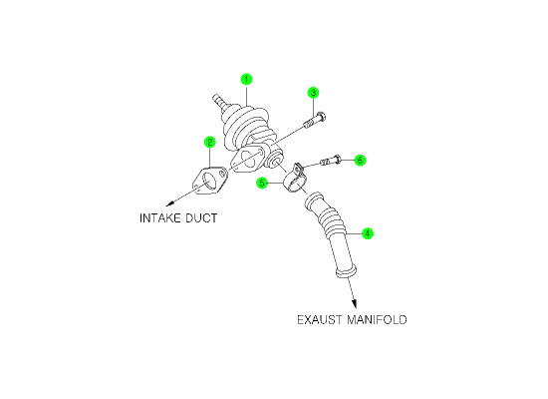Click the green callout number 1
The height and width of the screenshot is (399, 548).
pyautogui.click(x=246, y=80)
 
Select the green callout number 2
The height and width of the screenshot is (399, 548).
pyautogui.click(x=209, y=142)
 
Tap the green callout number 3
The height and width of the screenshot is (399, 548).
pyautogui.click(x=313, y=93)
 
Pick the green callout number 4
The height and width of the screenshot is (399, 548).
pyautogui.click(x=368, y=233)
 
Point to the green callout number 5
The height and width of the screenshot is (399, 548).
pyautogui.click(x=262, y=183)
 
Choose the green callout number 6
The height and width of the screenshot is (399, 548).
pyautogui.click(x=360, y=161)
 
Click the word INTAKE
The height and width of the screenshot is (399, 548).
pyautogui.click(x=159, y=218)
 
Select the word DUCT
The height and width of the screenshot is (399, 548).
pyautogui.click(x=201, y=218)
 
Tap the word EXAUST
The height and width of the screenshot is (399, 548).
pyautogui.click(x=320, y=320)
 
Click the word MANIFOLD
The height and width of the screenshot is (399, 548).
pyautogui.click(x=377, y=320)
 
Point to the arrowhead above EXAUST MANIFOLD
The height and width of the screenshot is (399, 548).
pyautogui.click(x=355, y=303)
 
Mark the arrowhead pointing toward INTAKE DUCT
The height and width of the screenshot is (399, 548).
pyautogui.click(x=170, y=203)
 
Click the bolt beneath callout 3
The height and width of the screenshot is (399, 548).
pyautogui.click(x=315, y=120)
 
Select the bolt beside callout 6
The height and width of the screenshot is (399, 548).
pyautogui.click(x=331, y=161)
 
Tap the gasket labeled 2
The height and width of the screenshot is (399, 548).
pyautogui.click(x=209, y=181)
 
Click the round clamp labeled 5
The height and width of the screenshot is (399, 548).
pyautogui.click(x=295, y=179)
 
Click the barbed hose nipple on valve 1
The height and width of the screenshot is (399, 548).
pyautogui.click(x=218, y=101)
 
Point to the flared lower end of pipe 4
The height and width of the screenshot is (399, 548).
pyautogui.click(x=347, y=272)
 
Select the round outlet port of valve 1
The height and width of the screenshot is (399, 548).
pyautogui.click(x=273, y=161)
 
